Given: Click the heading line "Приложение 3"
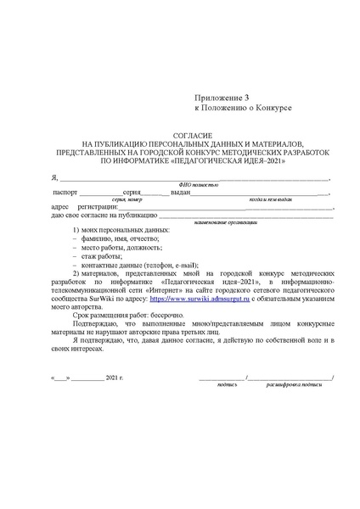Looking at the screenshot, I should click(223, 98).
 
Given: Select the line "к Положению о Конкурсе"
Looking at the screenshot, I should click(244, 109).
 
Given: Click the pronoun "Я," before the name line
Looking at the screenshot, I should click(54, 177).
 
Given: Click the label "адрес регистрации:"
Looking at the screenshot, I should click(83, 207).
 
